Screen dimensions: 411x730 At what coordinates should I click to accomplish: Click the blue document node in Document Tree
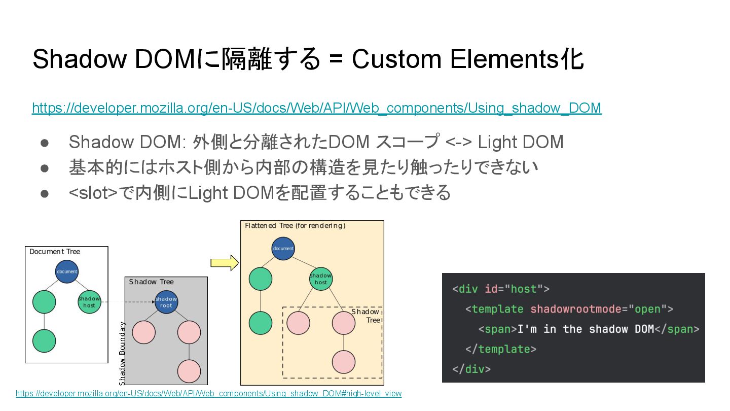click(67, 271)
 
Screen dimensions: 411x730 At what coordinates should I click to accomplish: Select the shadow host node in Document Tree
click(89, 302)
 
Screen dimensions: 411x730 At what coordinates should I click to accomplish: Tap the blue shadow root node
click(166, 302)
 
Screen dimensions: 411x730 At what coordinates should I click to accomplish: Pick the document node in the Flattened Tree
click(283, 248)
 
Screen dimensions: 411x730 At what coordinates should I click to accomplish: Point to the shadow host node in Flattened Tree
click(321, 279)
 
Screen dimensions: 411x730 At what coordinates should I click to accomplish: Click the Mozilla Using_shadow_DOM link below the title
click(316, 108)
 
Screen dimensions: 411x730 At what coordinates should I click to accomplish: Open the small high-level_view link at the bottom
click(208, 394)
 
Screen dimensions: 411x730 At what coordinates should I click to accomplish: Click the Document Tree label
click(55, 252)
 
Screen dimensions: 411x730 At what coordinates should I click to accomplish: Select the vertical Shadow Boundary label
click(122, 353)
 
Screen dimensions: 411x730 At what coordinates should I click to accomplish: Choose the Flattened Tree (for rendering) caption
click(295, 226)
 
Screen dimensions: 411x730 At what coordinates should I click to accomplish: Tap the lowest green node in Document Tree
click(44, 341)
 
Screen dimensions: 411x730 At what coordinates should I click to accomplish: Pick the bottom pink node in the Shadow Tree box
click(189, 371)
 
